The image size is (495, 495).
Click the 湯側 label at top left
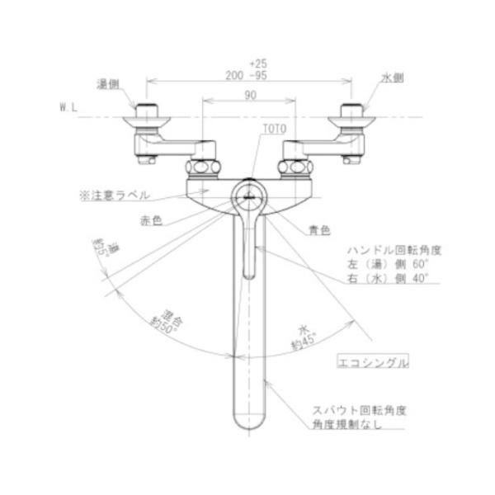tap(110, 84)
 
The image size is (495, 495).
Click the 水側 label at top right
tap(391, 79)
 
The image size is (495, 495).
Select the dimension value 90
tap(249, 94)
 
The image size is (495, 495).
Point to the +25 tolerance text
tap(258, 63)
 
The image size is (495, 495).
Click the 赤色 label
tap(151, 220)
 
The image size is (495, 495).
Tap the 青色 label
tap(319, 231)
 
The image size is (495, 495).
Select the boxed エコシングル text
tap(373, 361)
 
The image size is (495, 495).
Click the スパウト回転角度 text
tap(360, 409)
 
